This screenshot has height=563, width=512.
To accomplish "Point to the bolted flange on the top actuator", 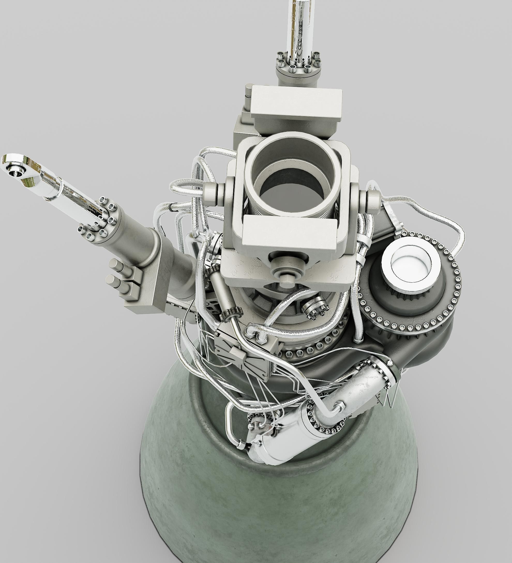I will click(x=298, y=65).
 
